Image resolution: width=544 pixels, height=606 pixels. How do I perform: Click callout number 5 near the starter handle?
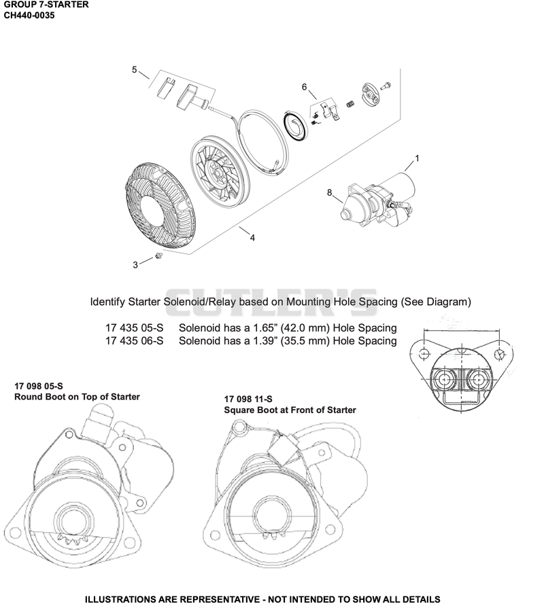pyautogui.click(x=134, y=69)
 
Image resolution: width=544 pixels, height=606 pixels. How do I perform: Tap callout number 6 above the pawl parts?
pyautogui.click(x=304, y=87)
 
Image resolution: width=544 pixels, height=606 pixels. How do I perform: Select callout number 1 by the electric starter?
pyautogui.click(x=417, y=158)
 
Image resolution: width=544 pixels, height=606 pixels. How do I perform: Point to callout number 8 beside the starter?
pyautogui.click(x=329, y=192)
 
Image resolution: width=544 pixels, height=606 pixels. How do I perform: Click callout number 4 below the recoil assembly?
pyautogui.click(x=252, y=238)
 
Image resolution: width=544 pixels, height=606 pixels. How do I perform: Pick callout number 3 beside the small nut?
pyautogui.click(x=135, y=265)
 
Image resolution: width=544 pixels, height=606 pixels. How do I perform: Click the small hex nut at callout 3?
pyautogui.click(x=158, y=255)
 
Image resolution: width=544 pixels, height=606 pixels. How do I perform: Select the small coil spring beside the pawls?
pyautogui.click(x=350, y=104)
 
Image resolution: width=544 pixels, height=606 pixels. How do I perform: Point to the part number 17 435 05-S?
pyautogui.click(x=134, y=327)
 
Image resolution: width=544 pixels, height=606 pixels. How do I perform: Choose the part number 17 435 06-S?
pyautogui.click(x=134, y=341)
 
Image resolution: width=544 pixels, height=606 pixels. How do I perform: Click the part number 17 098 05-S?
pyautogui.click(x=39, y=386)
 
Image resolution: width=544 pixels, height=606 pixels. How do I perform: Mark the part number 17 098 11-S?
pyautogui.click(x=248, y=399)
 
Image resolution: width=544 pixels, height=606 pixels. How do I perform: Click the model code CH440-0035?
pyautogui.click(x=29, y=16)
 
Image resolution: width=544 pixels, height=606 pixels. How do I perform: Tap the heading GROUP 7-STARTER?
pyautogui.click(x=46, y=5)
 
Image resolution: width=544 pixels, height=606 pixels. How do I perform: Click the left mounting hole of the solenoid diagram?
pyautogui.click(x=424, y=353)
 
